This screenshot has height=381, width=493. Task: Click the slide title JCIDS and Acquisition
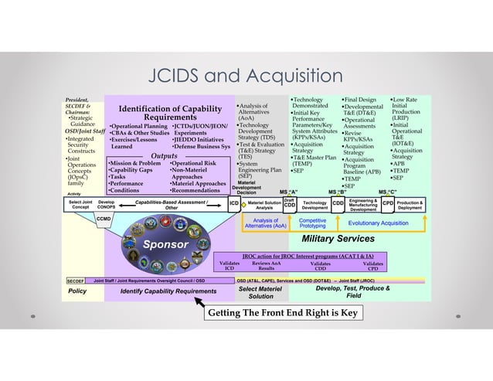coord(246,75)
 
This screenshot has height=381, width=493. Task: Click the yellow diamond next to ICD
coord(243,206)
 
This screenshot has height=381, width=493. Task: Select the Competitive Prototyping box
coord(312,223)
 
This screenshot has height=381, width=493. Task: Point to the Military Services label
coord(338,240)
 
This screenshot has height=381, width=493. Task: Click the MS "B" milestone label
coord(337,192)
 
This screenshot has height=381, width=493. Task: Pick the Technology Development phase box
coord(314,204)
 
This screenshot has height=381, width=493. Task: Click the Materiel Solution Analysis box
coord(264,204)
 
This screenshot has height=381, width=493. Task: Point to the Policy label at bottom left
coord(77,291)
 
